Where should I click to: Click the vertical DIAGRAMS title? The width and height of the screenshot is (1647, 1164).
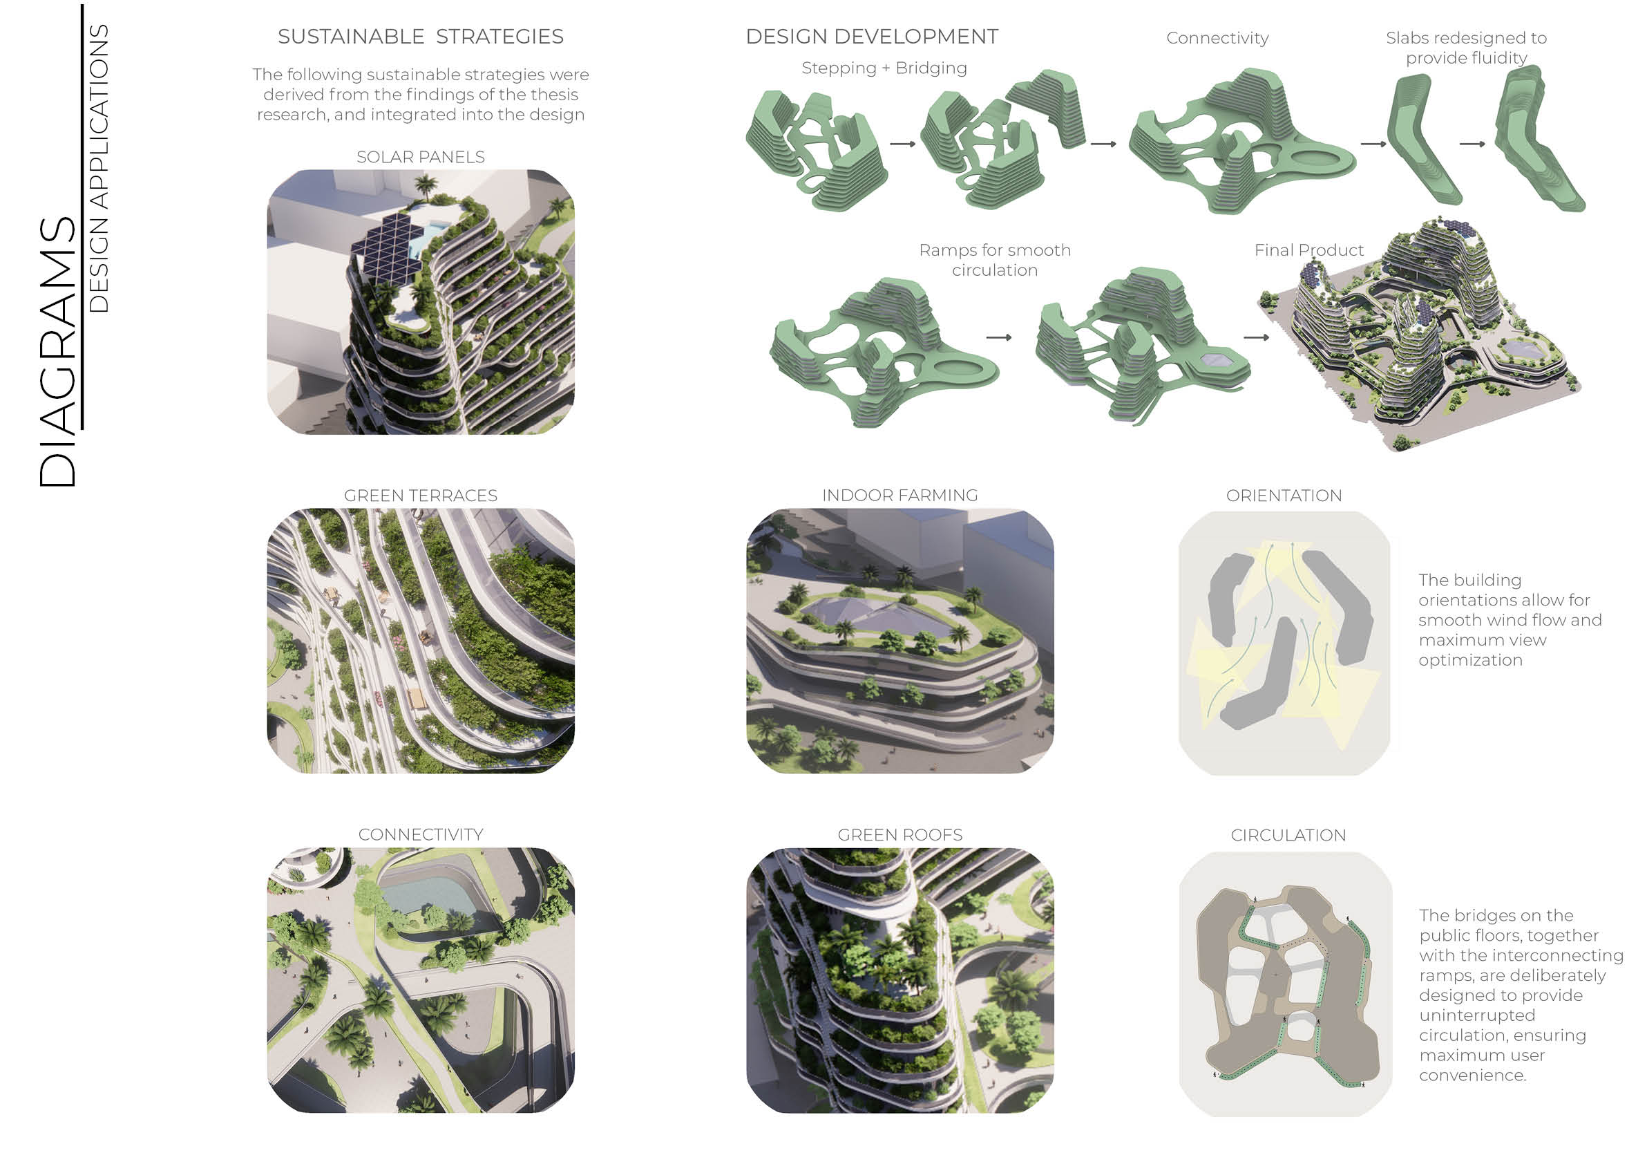click(x=57, y=352)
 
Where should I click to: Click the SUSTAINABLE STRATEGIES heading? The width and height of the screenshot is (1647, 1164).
click(x=420, y=37)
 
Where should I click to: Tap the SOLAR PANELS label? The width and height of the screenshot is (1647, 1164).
click(x=420, y=156)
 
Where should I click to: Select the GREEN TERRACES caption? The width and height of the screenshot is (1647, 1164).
click(x=420, y=495)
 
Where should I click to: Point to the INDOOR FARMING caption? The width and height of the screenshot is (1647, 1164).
click(x=899, y=495)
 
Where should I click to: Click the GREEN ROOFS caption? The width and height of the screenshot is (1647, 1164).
click(x=899, y=834)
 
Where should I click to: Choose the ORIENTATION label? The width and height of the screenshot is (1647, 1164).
click(x=1284, y=495)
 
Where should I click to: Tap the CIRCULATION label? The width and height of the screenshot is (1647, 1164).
click(x=1288, y=834)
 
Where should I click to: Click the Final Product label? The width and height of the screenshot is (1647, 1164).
click(x=1308, y=250)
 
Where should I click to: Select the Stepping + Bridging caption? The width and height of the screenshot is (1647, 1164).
click(x=884, y=68)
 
